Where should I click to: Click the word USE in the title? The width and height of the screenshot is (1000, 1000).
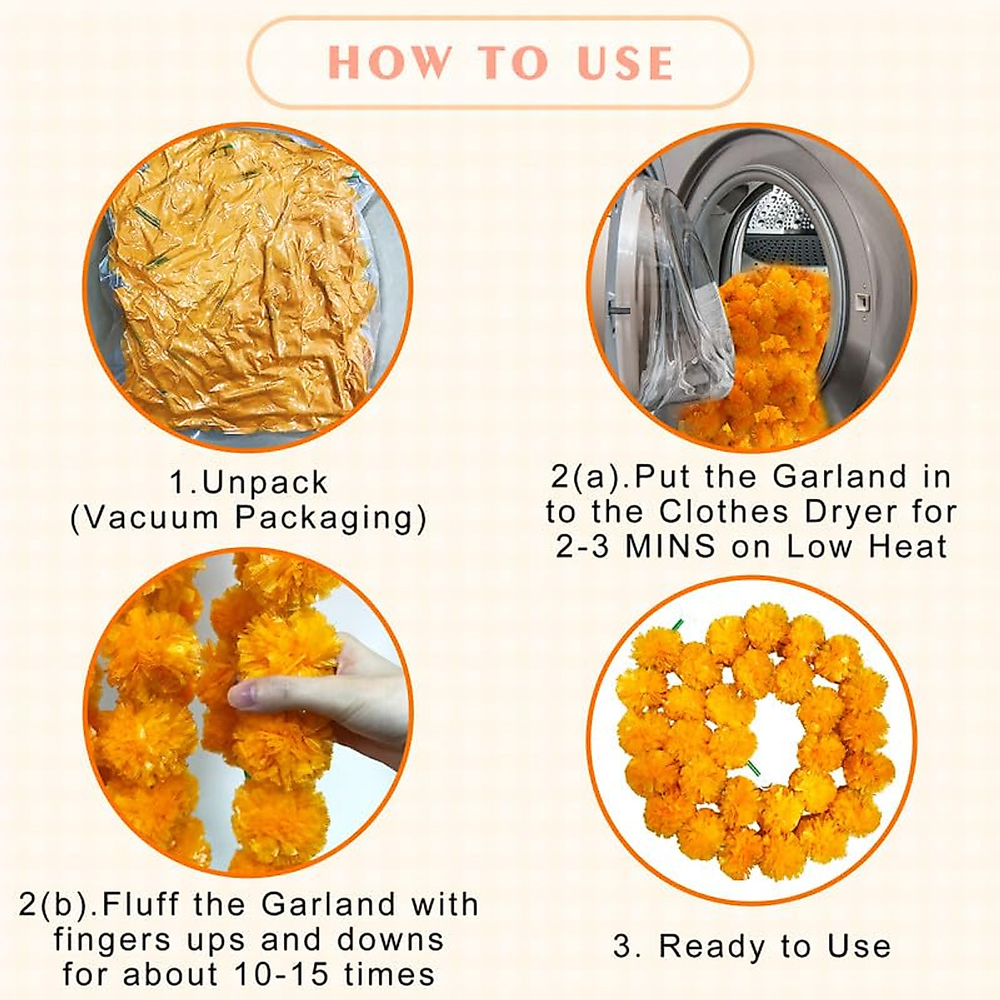(x=625, y=63)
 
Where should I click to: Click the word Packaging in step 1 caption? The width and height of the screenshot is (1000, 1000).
(x=330, y=517)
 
